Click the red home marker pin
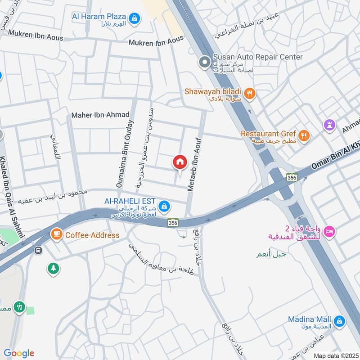180,162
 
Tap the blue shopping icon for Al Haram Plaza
134,18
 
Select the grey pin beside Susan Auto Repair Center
205,62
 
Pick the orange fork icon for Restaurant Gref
305,134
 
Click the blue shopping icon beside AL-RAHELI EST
164,205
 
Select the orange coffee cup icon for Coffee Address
56,234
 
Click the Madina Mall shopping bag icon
340,321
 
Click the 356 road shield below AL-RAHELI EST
173,222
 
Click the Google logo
19,353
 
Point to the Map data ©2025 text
335,355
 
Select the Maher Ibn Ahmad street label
100,115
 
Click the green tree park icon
53,269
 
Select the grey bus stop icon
39,250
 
